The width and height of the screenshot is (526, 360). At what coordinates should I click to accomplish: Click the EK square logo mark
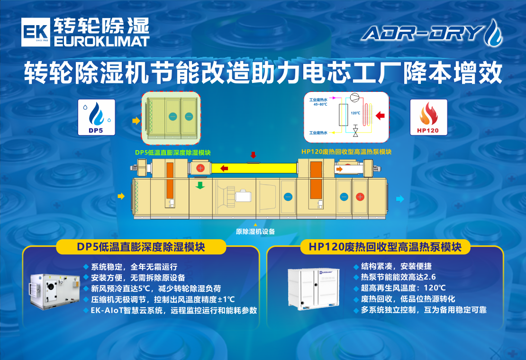click(x=35, y=33)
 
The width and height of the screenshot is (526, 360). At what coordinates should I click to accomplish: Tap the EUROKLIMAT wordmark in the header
click(x=102, y=41)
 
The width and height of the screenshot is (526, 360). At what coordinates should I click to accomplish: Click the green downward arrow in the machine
click(x=200, y=184)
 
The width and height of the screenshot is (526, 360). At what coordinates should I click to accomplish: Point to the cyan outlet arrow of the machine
click(x=400, y=199)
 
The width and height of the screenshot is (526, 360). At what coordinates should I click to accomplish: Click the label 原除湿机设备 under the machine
click(x=255, y=232)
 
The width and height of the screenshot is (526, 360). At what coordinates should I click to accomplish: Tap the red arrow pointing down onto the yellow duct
click(x=253, y=155)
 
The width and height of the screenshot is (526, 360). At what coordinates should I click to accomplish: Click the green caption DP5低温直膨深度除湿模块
click(x=172, y=152)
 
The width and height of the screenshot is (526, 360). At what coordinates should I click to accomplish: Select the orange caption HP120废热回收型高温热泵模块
click(x=346, y=152)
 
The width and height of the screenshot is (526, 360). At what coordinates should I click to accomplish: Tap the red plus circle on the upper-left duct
click(x=200, y=168)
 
